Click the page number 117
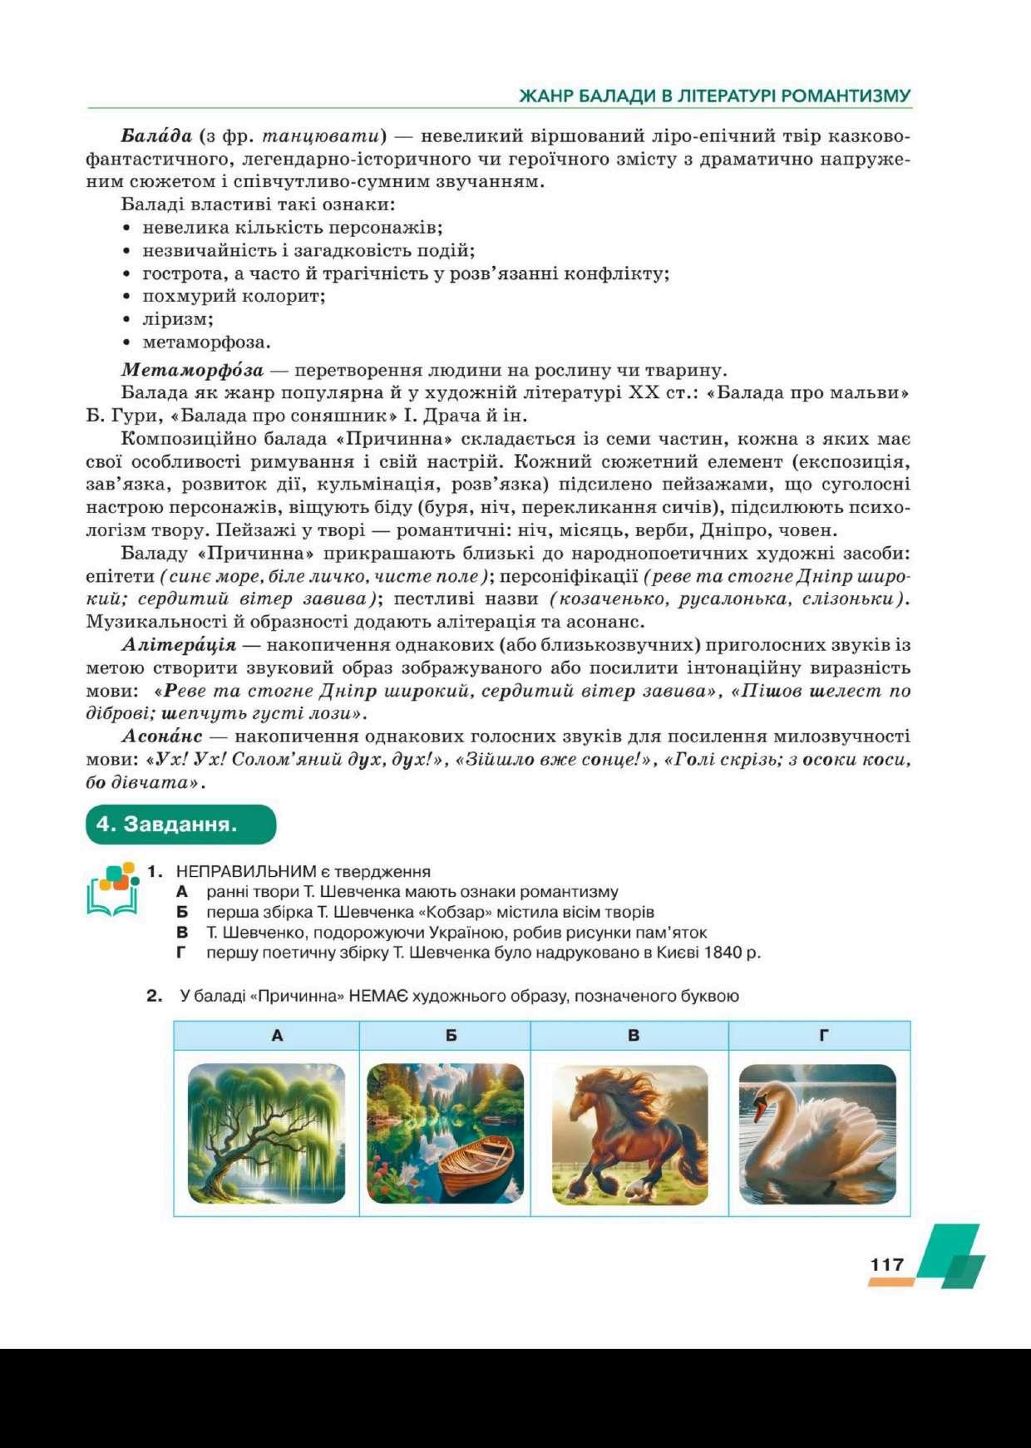pyautogui.click(x=886, y=1264)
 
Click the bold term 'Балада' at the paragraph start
pyautogui.click(x=156, y=135)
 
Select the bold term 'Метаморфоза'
pyautogui.click(x=192, y=370)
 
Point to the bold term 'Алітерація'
pyautogui.click(x=179, y=644)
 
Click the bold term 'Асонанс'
pyautogui.click(x=162, y=736)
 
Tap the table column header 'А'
pyautogui.click(x=277, y=1036)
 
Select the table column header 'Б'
pyautogui.click(x=451, y=1036)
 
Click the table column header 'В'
pyautogui.click(x=634, y=1036)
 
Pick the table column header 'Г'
pyautogui.click(x=823, y=1036)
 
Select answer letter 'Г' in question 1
pyautogui.click(x=180, y=953)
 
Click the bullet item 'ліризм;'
pyautogui.click(x=178, y=319)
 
